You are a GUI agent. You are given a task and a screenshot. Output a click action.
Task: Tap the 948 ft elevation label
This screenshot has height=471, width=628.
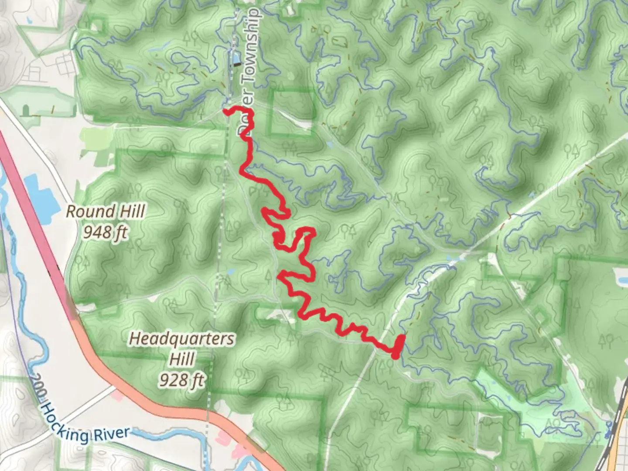coord(105,232)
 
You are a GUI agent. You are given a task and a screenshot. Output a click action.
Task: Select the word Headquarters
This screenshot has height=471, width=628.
coord(182,338)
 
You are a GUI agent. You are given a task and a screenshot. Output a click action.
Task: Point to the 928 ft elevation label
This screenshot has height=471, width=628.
coord(181,380)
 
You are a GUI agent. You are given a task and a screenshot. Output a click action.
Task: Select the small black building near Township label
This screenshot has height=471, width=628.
coord(237,65)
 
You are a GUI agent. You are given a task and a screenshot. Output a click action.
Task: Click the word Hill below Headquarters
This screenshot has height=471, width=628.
coord(181,359)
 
